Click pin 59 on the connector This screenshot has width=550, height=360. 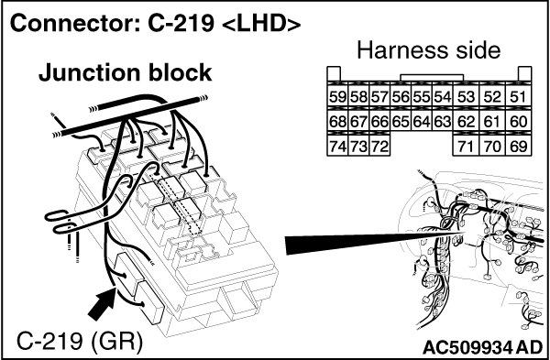point(337,96)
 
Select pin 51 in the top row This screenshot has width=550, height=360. point(519,96)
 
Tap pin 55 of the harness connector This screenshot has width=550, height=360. point(422,96)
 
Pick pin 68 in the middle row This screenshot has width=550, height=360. point(337,121)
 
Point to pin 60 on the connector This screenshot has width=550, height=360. point(519,121)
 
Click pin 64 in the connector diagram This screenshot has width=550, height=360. point(422,121)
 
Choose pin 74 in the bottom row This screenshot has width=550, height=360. point(337,147)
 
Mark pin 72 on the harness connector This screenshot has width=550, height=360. point(379,147)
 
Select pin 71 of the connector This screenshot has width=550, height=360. point(467,147)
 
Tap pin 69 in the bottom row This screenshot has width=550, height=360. point(519,147)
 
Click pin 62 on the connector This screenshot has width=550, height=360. point(467,121)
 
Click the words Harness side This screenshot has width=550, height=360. point(429,50)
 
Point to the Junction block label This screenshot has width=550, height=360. point(125,72)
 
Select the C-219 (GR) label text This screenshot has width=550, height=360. point(80,342)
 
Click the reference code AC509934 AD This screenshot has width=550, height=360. point(483,347)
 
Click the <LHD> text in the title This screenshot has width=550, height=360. point(261,24)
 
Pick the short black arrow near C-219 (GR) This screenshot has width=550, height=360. point(103,302)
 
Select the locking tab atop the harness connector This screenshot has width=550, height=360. point(432,78)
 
